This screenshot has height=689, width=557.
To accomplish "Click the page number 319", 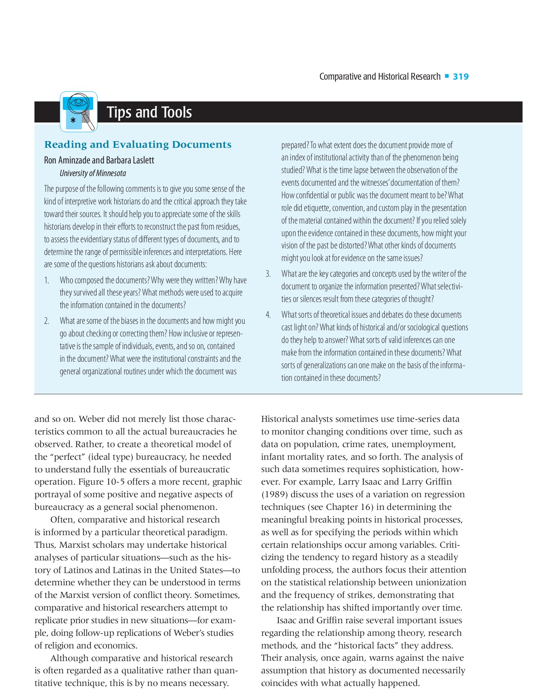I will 461,77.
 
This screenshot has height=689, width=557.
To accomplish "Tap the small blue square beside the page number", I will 447,77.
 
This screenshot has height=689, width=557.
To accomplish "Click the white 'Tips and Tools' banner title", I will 149,112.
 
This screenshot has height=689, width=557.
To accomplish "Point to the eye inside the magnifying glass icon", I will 79,102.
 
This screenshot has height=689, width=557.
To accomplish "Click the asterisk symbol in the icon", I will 73,121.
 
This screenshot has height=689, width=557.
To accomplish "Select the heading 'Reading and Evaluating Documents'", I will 138,145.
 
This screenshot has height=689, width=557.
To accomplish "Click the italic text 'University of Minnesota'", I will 93,173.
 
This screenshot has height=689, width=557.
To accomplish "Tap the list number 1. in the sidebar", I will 47,280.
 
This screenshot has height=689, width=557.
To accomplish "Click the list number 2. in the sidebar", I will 47,321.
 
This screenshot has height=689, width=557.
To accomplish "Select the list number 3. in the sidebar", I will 268,274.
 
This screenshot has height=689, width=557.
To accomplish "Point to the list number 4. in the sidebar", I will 268,315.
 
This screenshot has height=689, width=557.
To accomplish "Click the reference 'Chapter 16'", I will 347,507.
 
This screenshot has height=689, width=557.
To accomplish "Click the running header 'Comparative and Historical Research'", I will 380,77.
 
